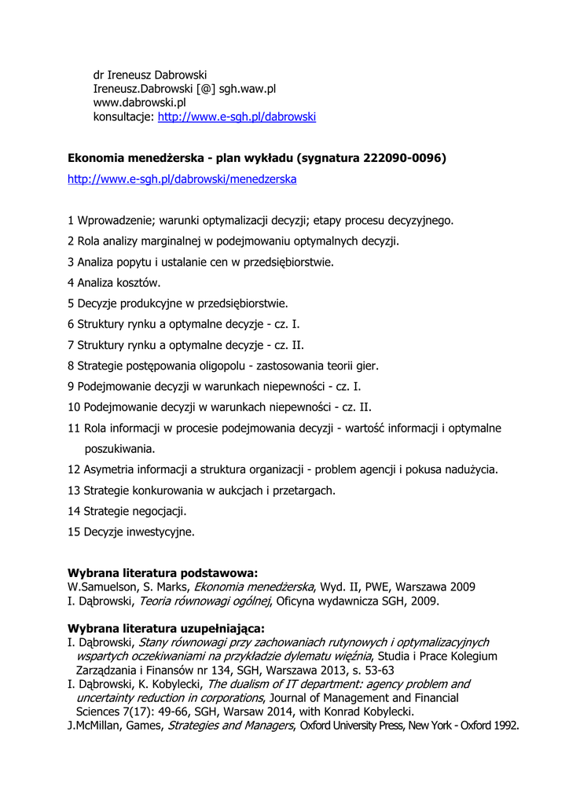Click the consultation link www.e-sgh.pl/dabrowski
[237, 117]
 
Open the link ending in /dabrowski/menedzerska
[182, 179]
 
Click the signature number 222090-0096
[402, 159]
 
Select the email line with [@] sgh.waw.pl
[185, 89]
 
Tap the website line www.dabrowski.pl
[139, 103]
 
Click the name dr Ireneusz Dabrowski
[150, 75]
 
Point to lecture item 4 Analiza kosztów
[114, 283]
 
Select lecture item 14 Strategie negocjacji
[127, 511]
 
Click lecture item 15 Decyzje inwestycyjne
[131, 531]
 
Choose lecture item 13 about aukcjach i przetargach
[202, 491]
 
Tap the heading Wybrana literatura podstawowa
[163, 573]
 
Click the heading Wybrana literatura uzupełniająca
[166, 628]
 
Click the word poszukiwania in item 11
[119, 450]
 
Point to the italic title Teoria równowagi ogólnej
[205, 601]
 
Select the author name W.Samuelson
[99, 587]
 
